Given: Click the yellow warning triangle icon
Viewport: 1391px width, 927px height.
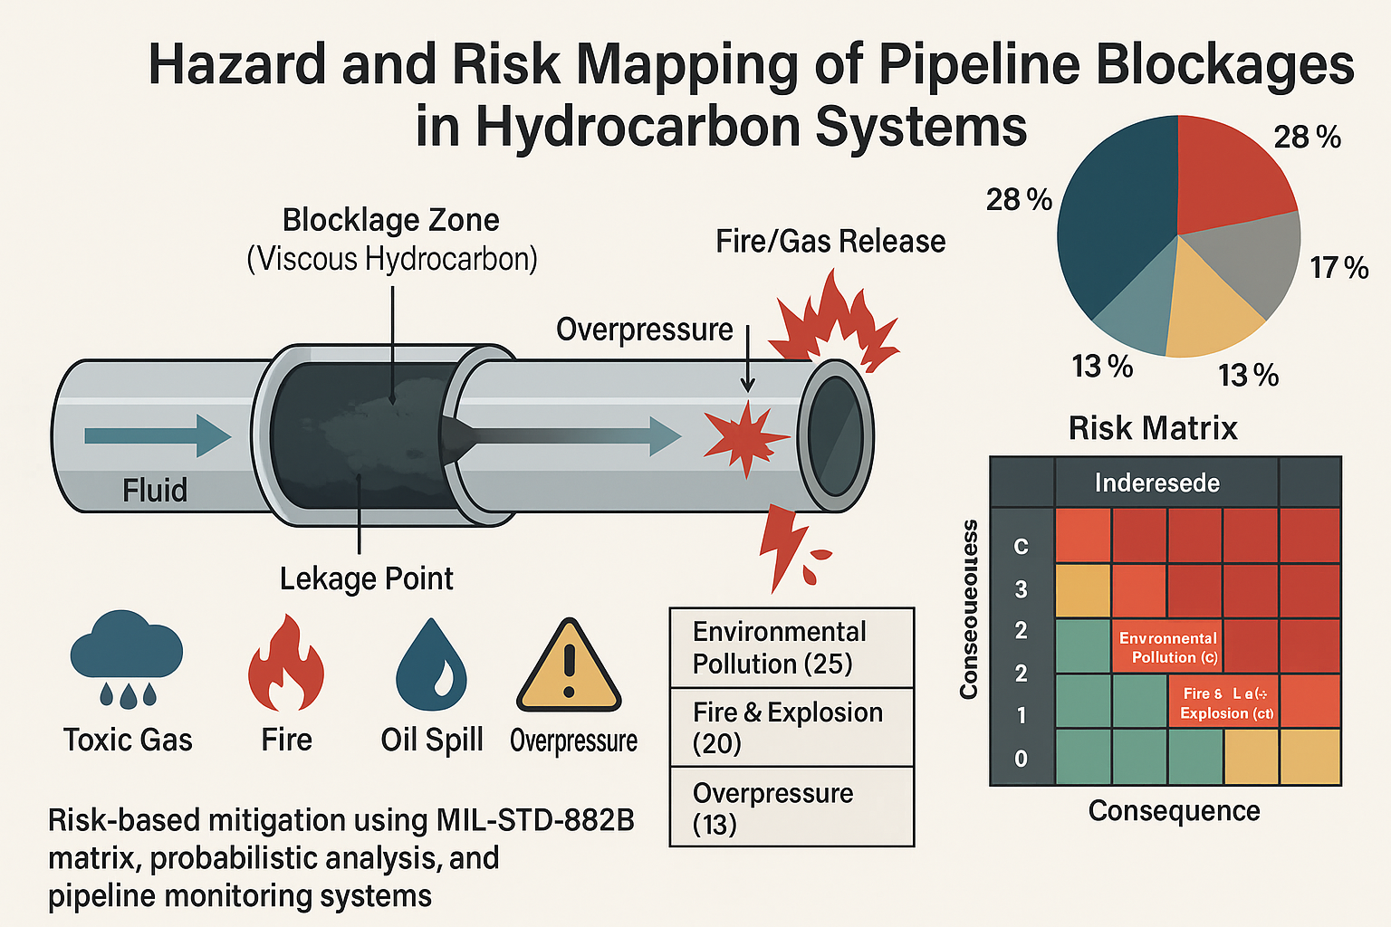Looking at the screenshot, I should [x=569, y=668].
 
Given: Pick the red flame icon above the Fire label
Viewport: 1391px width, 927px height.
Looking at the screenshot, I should [x=285, y=664].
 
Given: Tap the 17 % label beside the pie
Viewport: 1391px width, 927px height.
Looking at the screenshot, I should [x=1339, y=268].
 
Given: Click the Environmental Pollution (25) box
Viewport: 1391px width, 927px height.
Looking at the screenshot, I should [x=791, y=647].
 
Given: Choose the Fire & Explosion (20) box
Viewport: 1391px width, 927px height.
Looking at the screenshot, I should [x=791, y=727].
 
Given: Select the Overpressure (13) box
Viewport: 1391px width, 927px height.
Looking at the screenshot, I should [x=791, y=808].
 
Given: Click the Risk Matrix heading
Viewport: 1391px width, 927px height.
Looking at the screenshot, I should [x=1152, y=428].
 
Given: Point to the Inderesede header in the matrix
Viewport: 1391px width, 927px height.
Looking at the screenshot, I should [x=1156, y=483].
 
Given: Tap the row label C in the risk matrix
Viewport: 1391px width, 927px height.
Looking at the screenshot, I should [x=1021, y=547].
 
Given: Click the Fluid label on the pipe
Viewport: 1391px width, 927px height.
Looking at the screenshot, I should [x=155, y=491].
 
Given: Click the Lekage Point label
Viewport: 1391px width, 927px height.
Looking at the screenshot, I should [x=366, y=579].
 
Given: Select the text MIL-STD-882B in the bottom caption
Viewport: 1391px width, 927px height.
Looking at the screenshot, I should [x=534, y=820].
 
